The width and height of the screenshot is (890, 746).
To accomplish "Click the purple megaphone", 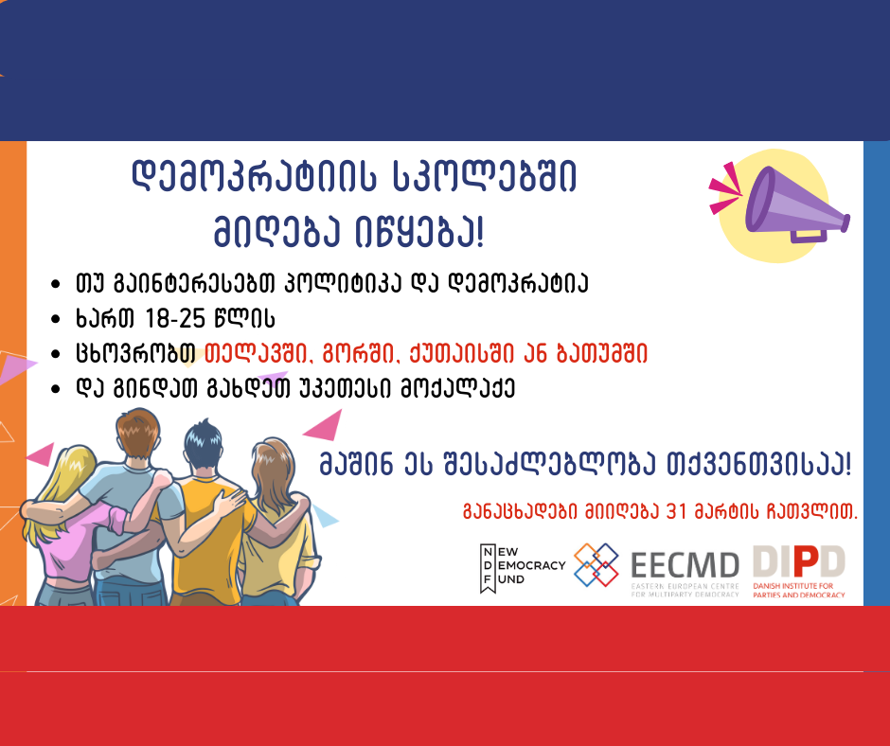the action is coord(796,205).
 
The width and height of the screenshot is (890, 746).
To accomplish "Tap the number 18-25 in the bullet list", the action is coord(174,318).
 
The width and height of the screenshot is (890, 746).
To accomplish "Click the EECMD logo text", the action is coord(685,565).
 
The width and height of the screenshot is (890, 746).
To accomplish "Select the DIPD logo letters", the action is coord(798,562).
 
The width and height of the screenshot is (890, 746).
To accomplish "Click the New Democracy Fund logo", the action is coord(523,568).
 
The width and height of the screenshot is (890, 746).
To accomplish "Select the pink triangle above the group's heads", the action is coord(327,426).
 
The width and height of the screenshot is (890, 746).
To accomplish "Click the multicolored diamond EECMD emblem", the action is coord(596,565).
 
